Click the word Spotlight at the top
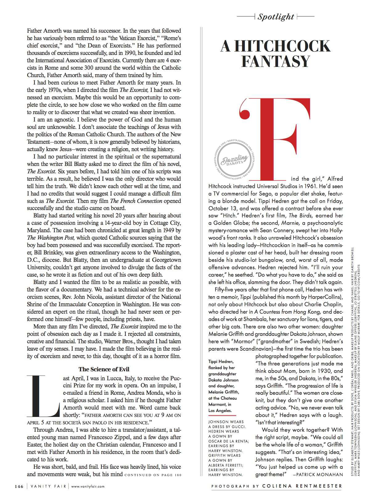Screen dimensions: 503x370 point(276,17)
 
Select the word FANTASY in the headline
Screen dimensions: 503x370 point(275,61)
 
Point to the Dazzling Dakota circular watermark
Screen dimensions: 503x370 point(233,160)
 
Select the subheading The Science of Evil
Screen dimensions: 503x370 point(104,369)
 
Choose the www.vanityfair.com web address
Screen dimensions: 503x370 point(88,486)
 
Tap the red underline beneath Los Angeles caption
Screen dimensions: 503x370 point(220,415)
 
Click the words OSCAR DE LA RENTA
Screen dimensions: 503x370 point(228,441)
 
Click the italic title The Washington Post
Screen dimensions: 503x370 point(51,238)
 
